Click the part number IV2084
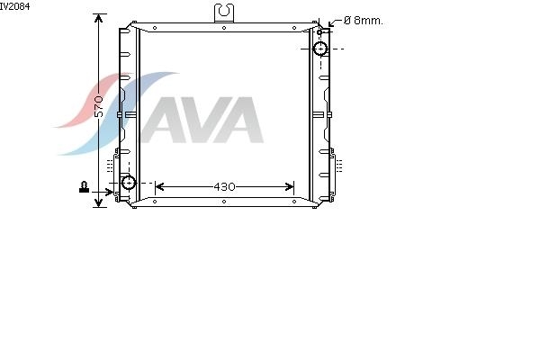tap(14, 6)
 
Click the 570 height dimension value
tap(99, 107)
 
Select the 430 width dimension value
tap(224, 186)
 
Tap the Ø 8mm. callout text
tap(364, 21)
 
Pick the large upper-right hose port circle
tap(321, 49)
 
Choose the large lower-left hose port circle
tap(129, 183)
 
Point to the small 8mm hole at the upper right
tap(319, 32)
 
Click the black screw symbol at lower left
tap(84, 186)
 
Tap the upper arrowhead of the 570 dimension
tap(99, 18)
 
